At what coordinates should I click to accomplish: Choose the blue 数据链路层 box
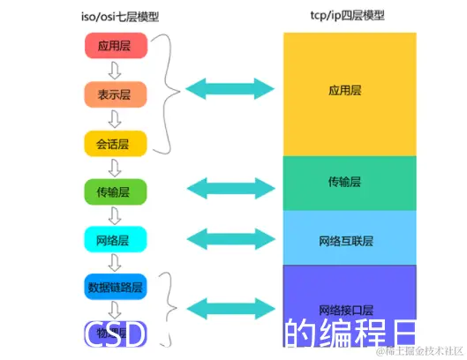(x=116, y=287)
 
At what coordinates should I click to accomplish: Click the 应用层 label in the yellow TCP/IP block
(x=344, y=90)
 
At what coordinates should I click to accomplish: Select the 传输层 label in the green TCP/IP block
(x=344, y=182)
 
